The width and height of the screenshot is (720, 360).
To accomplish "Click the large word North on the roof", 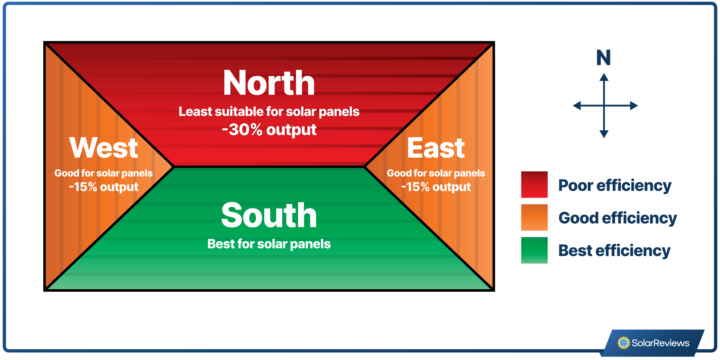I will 269,83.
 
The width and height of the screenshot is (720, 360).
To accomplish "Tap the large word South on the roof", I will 269,215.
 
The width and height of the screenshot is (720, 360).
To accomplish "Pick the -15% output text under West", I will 103,187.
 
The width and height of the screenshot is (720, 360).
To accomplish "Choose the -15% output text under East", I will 436,187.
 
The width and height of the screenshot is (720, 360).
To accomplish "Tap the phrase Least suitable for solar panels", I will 269,112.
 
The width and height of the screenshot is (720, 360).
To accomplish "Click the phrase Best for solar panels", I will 269,244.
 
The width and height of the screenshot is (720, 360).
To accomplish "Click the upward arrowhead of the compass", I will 604,77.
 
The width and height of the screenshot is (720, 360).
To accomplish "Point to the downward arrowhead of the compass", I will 604,134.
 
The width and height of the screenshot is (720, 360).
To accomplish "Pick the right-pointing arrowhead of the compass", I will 634,106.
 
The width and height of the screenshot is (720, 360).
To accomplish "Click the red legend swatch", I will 534,185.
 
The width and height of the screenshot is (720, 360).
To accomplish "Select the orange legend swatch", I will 534,217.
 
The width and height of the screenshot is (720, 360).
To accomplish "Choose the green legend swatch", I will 534,250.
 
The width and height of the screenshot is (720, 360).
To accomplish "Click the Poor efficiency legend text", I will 615,185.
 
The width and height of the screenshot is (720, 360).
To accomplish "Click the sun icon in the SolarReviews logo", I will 624,343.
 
